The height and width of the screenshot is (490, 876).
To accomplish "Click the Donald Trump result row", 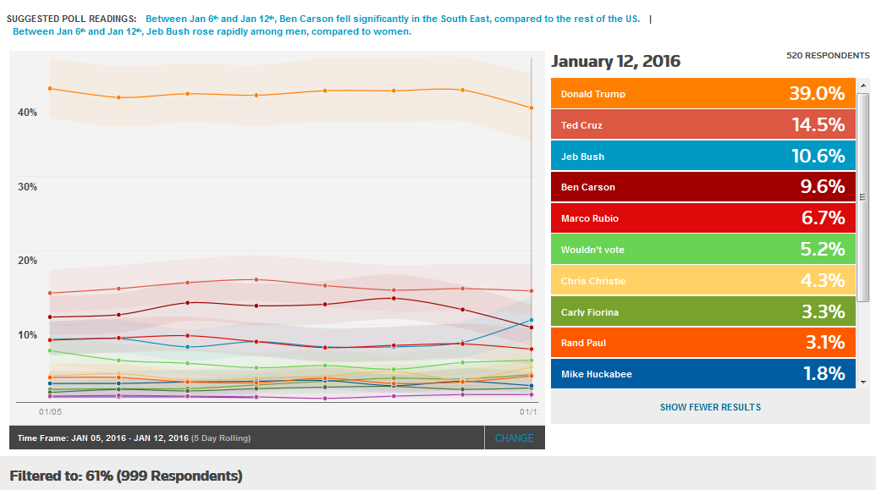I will point(703,93).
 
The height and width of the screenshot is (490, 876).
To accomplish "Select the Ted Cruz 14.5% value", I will point(818,125).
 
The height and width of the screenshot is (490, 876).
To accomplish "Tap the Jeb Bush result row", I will point(703,156).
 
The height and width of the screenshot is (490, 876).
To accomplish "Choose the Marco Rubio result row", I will point(703,218).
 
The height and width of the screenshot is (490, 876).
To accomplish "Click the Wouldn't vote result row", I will point(703,249).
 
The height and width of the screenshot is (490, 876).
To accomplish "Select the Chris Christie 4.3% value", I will point(822,280).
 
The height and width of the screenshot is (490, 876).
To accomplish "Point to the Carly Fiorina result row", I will point(703,311).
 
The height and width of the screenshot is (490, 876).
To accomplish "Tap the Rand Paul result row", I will point(703,343).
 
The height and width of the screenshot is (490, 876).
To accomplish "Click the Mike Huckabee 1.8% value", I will point(823,373).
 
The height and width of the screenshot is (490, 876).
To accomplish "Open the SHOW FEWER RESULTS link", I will point(710,407).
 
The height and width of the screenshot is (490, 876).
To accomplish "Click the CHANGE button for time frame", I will point(515,438).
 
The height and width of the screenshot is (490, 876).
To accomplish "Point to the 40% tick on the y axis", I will point(28,113).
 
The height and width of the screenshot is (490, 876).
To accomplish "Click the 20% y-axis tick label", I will point(28,261).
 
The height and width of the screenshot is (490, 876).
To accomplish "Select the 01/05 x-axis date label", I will point(52,411).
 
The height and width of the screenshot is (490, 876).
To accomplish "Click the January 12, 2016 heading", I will point(615,62).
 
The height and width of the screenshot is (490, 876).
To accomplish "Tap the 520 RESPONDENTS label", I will point(828,56).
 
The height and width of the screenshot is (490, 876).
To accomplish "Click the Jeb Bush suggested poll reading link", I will point(212,32).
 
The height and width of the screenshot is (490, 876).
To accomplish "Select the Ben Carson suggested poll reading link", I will point(393,19).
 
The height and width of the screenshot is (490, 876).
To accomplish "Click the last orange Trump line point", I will point(531,107).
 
